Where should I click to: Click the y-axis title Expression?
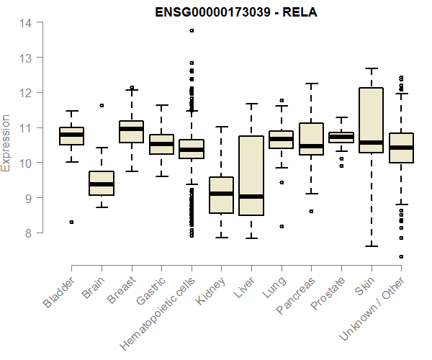(x=6, y=143)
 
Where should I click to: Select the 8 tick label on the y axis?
(x=27, y=233)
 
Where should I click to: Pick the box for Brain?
(x=102, y=183)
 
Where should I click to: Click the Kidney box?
(x=221, y=194)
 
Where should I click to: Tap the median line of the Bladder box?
(x=71, y=135)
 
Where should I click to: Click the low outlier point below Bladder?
(x=71, y=222)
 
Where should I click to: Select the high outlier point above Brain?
(x=102, y=105)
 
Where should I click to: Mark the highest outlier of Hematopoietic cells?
(x=192, y=31)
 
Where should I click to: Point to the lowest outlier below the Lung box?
(x=282, y=226)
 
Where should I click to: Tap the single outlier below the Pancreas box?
(x=311, y=212)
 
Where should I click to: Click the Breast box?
(x=131, y=132)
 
